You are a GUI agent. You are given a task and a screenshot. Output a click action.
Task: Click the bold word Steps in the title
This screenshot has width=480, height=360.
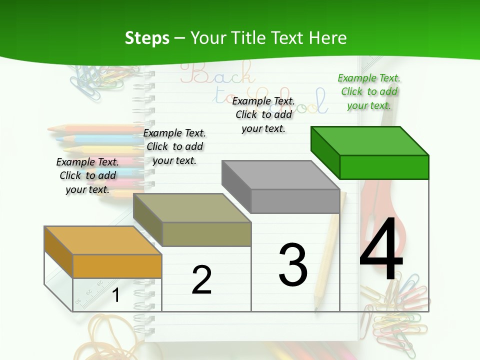coord(147,38)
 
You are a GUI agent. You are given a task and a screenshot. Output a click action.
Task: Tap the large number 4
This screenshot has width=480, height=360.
coord(381,250)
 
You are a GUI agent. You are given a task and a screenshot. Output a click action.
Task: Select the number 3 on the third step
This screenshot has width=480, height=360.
coord(293,264)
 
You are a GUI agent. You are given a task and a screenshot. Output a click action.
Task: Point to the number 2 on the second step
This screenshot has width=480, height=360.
coord(201,279)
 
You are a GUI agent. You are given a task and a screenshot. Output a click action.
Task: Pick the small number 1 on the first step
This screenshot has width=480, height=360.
coord(116,295)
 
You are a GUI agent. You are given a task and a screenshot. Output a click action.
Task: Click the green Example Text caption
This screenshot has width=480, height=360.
coord(369,92)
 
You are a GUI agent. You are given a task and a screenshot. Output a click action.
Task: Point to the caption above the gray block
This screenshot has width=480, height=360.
coord(263,114)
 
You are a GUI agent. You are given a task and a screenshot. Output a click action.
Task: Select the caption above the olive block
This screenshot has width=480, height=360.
coord(174,146)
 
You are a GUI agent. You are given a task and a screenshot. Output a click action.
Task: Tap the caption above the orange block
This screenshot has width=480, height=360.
coord(87,175)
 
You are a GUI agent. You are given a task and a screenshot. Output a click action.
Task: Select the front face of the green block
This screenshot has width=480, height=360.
coord(384,167)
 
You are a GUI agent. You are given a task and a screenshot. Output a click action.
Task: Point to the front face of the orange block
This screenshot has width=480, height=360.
coord(117,266)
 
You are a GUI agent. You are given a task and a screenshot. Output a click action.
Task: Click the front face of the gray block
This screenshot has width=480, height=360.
coord(295,201)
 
